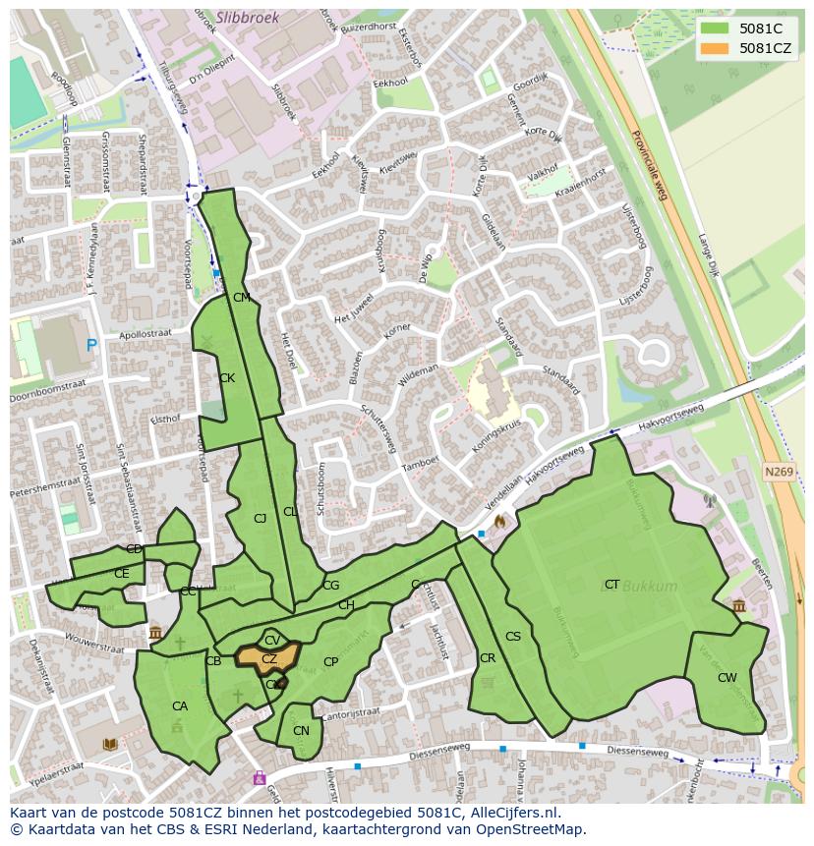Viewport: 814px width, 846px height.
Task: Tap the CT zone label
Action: pos(611,585)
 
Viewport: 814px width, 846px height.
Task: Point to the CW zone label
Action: pos(727,678)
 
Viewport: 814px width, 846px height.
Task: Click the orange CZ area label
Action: pos(268,659)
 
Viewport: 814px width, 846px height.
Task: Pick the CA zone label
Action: pos(180,706)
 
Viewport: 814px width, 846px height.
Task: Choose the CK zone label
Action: pos(227,378)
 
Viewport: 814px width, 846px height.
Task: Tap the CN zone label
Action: pos(301,731)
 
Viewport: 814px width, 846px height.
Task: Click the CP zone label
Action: pos(330,662)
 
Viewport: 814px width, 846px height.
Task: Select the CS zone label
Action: pos(512,637)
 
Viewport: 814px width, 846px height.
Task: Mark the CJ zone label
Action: pos(260,519)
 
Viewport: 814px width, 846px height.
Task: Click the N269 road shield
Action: pos(778,473)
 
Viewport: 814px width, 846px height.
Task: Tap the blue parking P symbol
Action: pos(91,345)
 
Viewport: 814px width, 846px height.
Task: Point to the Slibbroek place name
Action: pos(248,17)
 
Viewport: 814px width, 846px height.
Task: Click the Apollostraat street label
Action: pos(145,334)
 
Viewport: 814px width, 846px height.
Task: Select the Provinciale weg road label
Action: pos(649,165)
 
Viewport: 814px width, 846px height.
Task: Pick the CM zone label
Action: pos(241,298)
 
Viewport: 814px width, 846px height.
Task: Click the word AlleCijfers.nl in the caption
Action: pos(511,813)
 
